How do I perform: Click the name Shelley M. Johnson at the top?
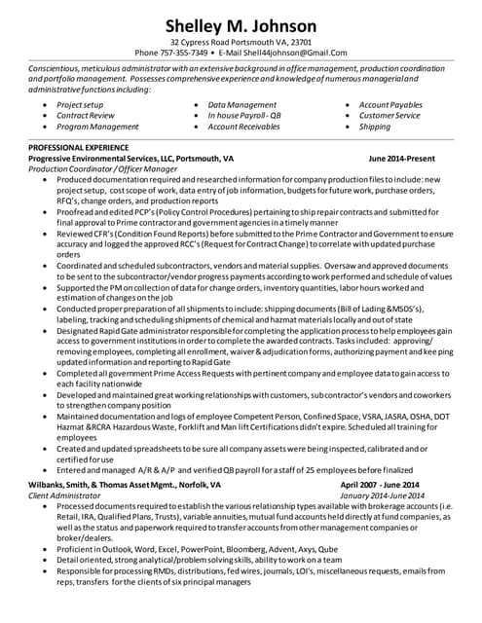pyautogui.click(x=241, y=25)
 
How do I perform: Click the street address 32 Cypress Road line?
pyautogui.click(x=241, y=42)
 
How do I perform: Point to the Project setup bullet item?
pyautogui.click(x=80, y=104)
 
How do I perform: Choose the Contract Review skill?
pyautogui.click(x=86, y=115)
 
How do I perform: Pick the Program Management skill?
pyautogui.click(x=97, y=127)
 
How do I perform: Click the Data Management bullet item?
pyautogui.click(x=241, y=104)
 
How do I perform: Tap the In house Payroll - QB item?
pyautogui.click(x=244, y=115)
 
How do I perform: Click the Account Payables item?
pyautogui.click(x=390, y=104)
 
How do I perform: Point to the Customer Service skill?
pyautogui.click(x=389, y=115)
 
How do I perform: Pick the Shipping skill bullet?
pyautogui.click(x=374, y=127)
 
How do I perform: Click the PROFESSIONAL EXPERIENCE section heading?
pyautogui.click(x=79, y=147)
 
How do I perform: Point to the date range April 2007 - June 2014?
pyautogui.click(x=379, y=484)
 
